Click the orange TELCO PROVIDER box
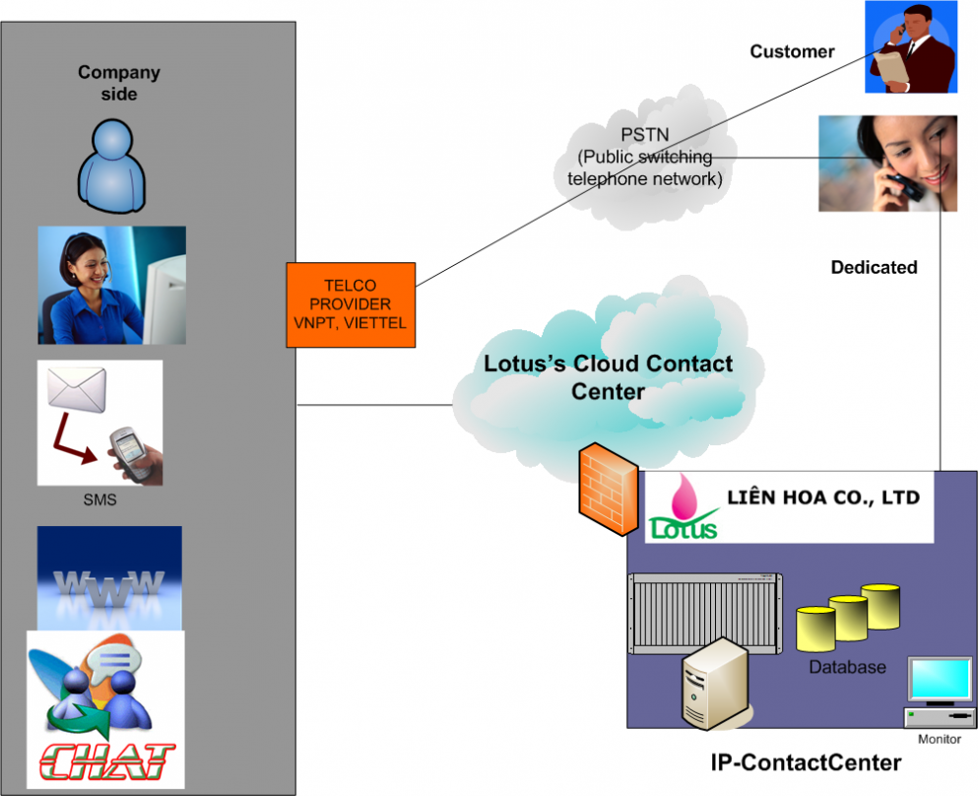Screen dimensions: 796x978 click(x=352, y=304)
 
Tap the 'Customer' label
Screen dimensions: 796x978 click(x=792, y=51)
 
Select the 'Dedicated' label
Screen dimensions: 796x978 click(x=874, y=267)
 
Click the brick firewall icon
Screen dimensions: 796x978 click(x=608, y=489)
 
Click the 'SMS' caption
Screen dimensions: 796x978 click(x=99, y=499)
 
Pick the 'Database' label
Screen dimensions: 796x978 click(x=847, y=667)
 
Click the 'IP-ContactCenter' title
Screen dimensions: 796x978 click(x=806, y=762)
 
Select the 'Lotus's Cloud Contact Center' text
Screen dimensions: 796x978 click(x=608, y=377)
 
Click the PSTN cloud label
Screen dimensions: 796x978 click(x=644, y=157)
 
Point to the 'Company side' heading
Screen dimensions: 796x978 click(x=118, y=83)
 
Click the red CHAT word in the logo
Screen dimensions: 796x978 click(x=108, y=761)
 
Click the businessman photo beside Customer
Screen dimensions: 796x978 click(x=911, y=47)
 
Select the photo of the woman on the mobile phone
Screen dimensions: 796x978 click(x=887, y=163)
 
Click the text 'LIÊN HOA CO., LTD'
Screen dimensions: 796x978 click(x=823, y=498)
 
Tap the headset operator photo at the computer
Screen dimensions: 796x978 click(x=111, y=286)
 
